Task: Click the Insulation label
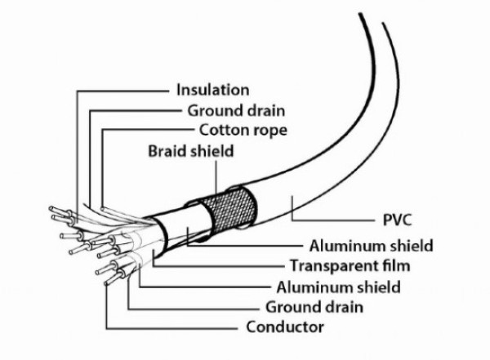click(212, 90)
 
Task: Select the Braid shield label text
click(189, 150)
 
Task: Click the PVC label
click(397, 220)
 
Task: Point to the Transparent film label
click(350, 266)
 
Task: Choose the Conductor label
click(284, 327)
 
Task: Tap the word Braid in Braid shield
click(167, 150)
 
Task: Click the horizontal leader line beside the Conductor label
click(176, 327)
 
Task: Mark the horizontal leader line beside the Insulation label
click(122, 90)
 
